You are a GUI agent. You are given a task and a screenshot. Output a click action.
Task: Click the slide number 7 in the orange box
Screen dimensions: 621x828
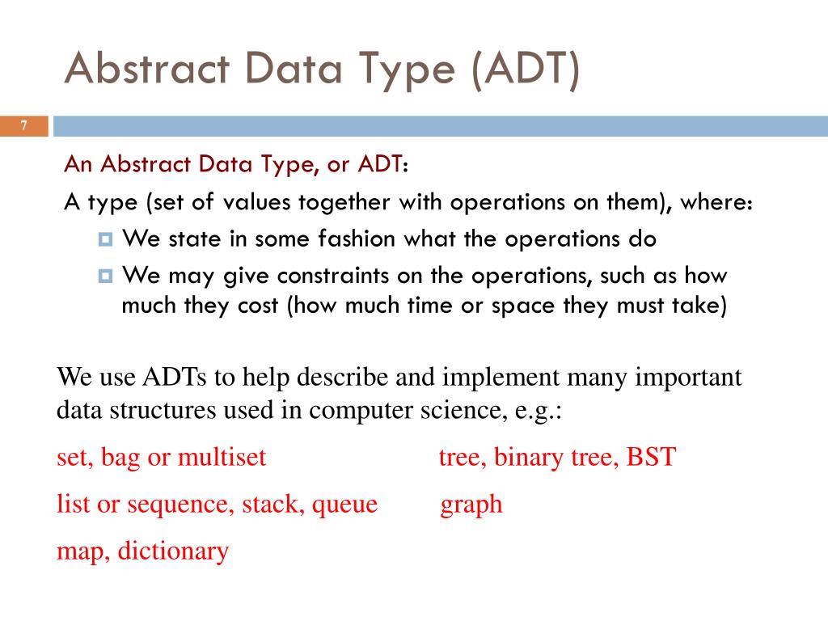pos(24,125)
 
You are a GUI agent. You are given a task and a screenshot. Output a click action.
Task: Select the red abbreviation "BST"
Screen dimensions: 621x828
pos(651,458)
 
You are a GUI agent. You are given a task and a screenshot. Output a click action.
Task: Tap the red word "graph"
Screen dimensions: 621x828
pos(471,505)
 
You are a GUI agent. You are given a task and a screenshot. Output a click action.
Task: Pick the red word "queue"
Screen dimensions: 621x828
pos(344,505)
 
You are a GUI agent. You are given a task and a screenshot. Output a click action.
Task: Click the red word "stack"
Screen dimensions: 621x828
pos(273,505)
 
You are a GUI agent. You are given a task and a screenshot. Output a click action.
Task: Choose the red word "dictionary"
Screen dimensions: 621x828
pos(173,551)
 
